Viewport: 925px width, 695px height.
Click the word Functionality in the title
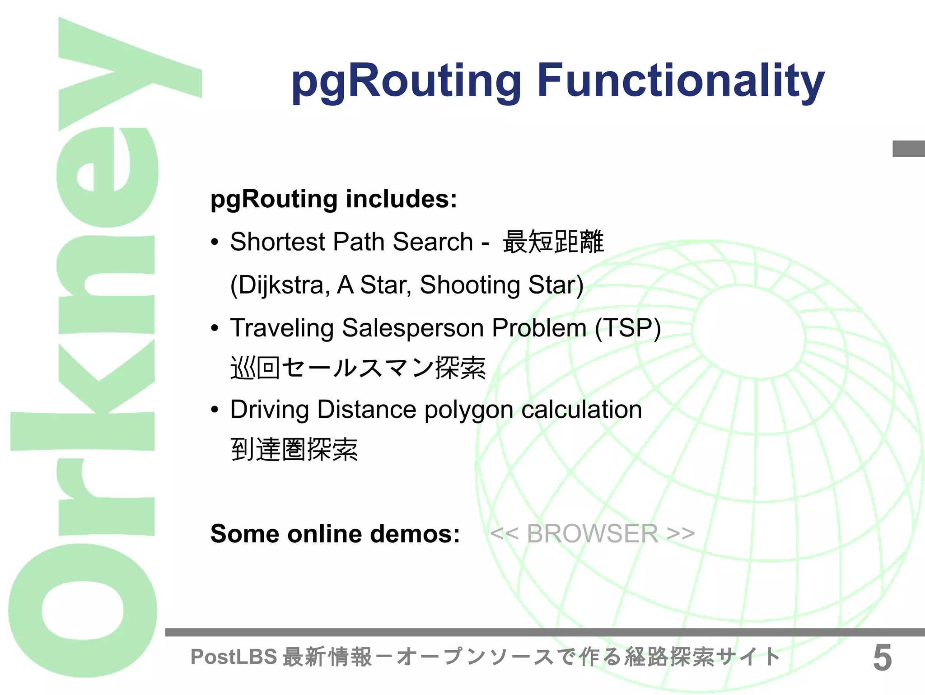pos(681,81)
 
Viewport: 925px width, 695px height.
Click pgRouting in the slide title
pos(406,82)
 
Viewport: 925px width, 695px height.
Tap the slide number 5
pos(882,658)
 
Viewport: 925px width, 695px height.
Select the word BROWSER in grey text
pos(592,534)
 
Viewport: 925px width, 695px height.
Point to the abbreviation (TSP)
pos(628,328)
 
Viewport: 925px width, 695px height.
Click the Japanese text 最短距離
pos(553,242)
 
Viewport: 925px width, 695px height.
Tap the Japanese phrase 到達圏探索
pos(294,450)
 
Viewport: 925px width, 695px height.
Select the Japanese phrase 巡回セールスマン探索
pos(358,368)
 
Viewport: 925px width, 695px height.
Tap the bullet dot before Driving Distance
pos(215,410)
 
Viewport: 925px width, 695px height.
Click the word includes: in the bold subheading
pos(401,199)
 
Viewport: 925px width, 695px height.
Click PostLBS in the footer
pos(234,657)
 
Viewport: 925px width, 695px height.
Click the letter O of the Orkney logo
pos(83,610)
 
